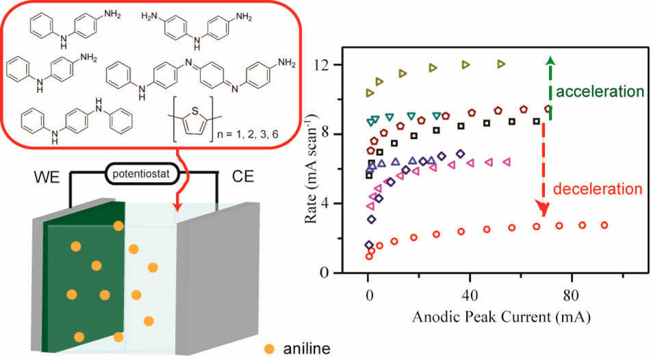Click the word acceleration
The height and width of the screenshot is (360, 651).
(x=600, y=92)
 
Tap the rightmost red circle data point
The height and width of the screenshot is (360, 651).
(x=604, y=225)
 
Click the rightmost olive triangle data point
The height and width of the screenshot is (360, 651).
(x=501, y=64)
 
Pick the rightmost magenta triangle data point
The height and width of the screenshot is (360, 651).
(x=507, y=162)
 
